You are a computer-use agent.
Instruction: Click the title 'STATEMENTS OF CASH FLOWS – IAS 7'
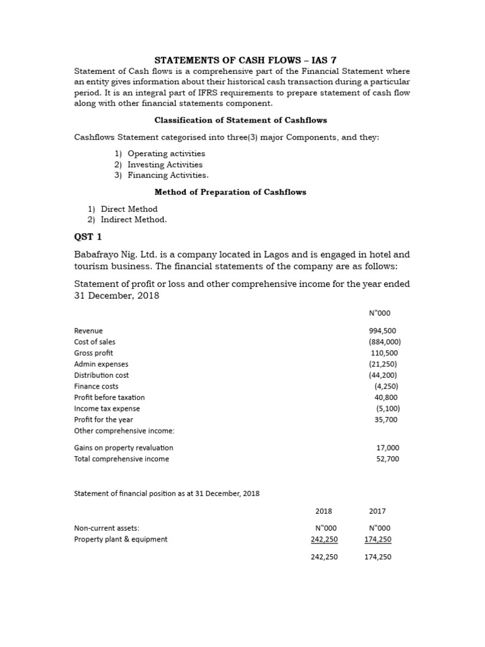tap(242, 60)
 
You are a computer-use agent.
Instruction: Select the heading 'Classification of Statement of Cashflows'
tap(241, 120)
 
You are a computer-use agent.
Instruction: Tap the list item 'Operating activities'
tap(166, 154)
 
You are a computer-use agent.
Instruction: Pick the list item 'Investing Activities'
tap(165, 164)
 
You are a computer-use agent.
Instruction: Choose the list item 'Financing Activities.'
tap(167, 175)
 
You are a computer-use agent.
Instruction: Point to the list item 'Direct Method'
tap(129, 209)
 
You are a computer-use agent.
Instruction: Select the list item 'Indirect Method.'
tap(134, 219)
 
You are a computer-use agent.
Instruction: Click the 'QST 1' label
tap(88, 237)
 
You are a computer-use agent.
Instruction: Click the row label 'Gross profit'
tap(93, 353)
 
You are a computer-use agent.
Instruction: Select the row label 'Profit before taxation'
tap(109, 397)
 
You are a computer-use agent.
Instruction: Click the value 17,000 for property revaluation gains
tap(387, 447)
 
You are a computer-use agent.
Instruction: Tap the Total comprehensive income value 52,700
tap(387, 459)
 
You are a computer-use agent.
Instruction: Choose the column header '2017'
tap(378, 511)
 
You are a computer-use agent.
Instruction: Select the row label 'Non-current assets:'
tap(106, 528)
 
